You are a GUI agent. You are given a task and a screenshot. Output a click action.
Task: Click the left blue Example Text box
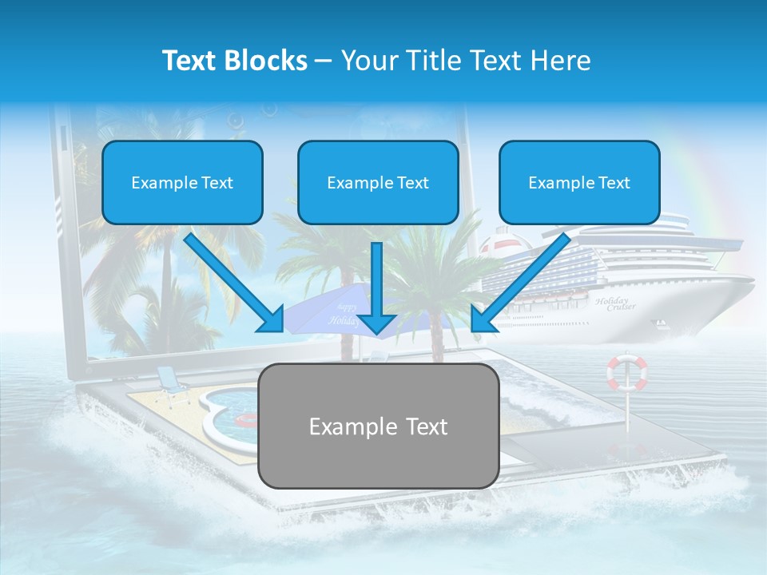pyautogui.click(x=182, y=182)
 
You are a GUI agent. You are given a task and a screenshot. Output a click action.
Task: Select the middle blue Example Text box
pyautogui.click(x=378, y=182)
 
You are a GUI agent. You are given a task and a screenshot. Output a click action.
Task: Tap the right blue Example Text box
pyautogui.click(x=579, y=182)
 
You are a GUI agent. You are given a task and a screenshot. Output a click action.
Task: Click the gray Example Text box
pyautogui.click(x=379, y=426)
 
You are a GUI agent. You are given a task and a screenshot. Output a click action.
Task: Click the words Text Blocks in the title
pyautogui.click(x=234, y=61)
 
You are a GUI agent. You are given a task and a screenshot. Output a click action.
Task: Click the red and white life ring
pyautogui.click(x=627, y=373)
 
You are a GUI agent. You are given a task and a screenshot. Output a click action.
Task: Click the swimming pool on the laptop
pyautogui.click(x=228, y=411)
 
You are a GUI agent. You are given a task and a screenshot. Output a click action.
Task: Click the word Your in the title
pyautogui.click(x=369, y=61)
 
